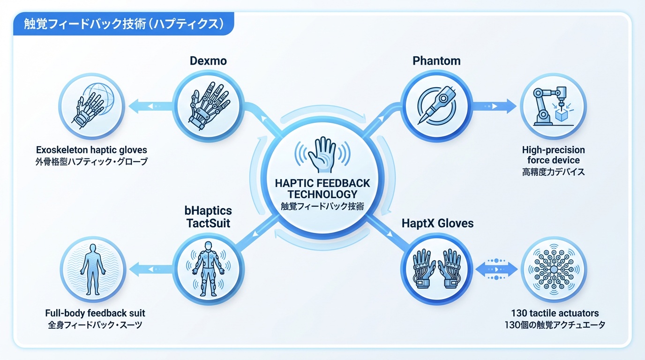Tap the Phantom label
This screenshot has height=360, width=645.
436,61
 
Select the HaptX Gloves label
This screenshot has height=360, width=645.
438,223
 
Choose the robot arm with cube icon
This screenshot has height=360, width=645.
553,107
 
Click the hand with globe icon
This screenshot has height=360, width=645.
91,107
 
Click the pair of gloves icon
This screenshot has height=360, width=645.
436,269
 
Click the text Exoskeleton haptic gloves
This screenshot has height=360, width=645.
91,150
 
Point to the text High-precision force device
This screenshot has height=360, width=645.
553,155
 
